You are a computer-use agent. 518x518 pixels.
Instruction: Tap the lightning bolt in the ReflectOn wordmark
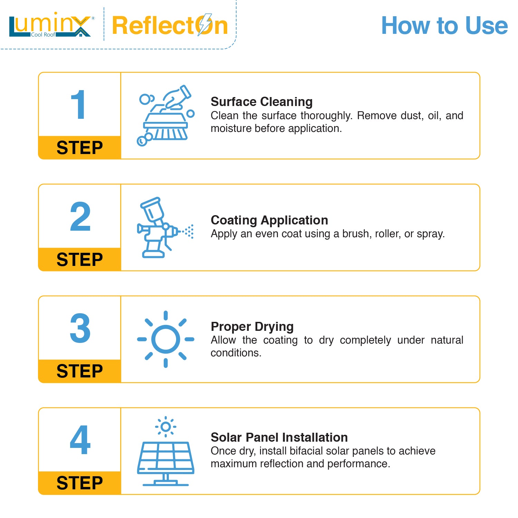[204, 25]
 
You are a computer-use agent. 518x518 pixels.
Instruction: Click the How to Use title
[444, 26]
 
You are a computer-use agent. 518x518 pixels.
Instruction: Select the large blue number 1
[78, 105]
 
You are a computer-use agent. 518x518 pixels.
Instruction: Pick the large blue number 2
[80, 217]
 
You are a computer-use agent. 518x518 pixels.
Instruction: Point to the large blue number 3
[80, 328]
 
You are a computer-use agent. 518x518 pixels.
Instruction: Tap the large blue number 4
[80, 440]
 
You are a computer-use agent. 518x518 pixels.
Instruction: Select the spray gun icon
[165, 227]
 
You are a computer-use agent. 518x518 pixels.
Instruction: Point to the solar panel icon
[166, 463]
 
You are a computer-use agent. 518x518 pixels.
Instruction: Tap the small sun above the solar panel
[166, 427]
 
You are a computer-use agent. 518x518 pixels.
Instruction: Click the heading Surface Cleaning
[262, 102]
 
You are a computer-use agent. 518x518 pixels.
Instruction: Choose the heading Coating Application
[269, 220]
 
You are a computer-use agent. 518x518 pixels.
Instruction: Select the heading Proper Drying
[252, 327]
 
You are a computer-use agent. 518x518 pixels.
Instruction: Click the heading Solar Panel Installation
[279, 438]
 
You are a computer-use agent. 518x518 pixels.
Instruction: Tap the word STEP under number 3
[80, 371]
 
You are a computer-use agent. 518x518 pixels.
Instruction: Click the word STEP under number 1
[80, 148]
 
